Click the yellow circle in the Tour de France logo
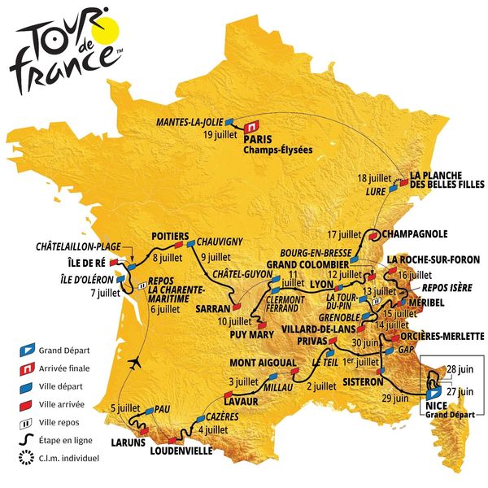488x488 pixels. coord(110,29)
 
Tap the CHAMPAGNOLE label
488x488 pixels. coord(415,234)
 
